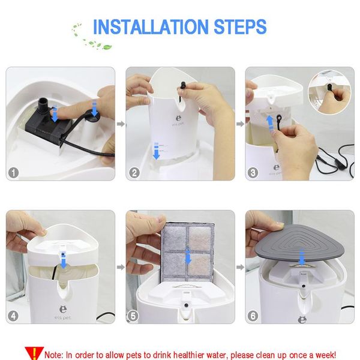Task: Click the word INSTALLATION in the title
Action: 151,27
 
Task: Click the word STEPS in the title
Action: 240,27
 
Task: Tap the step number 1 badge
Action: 13,173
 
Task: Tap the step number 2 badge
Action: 134,173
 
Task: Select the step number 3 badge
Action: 253,173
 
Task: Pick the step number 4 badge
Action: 13,316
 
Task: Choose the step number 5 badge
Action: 133,316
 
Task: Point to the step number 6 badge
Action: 253,316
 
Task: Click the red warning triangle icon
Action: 34,353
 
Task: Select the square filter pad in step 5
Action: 188,252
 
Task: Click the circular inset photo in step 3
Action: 329,92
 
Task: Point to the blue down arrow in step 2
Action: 156,151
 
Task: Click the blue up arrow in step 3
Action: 270,125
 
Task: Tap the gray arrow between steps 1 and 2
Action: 121,124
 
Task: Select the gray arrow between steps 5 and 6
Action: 241,267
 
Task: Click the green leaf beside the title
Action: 107,47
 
